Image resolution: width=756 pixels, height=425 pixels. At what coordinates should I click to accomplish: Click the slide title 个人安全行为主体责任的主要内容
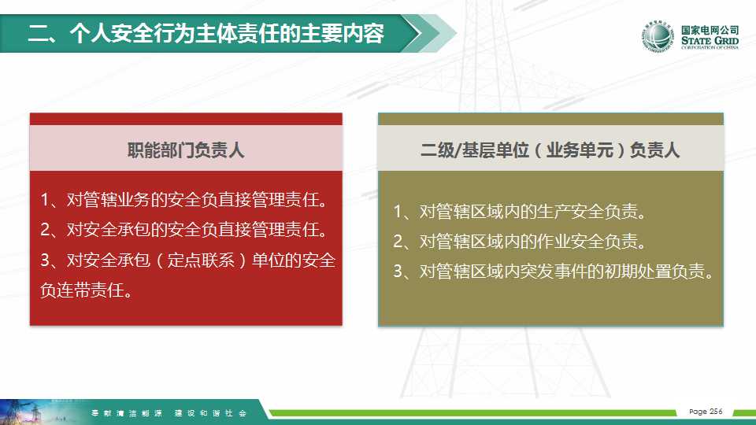tap(227, 33)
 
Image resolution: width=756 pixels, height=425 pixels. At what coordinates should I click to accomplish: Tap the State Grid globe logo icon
tap(657, 36)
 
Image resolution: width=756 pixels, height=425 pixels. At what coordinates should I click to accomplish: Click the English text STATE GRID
tap(710, 40)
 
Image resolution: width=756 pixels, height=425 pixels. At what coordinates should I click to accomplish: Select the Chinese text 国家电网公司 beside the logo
tap(710, 30)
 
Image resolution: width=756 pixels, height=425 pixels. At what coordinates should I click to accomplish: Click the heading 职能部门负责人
tap(186, 150)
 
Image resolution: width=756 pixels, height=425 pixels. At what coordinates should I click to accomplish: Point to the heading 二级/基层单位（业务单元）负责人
tap(550, 150)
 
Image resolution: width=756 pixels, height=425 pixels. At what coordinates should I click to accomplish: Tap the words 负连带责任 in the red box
tap(82, 290)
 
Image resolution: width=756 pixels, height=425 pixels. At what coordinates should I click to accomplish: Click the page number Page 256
tap(706, 412)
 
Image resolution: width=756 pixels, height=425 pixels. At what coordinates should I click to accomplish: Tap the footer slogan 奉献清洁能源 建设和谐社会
tap(169, 413)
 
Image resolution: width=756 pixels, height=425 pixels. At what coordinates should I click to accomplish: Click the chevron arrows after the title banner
tap(429, 33)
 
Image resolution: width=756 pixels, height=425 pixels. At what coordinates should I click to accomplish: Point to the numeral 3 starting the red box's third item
tap(45, 261)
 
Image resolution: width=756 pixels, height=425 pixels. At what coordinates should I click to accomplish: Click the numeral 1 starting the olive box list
tap(398, 212)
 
